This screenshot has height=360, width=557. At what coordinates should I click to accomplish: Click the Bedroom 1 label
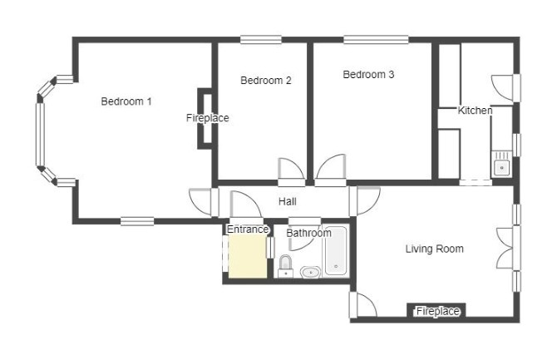point(126,101)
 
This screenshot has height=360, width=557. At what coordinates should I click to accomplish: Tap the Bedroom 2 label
point(266,81)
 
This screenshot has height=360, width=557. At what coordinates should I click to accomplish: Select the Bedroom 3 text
point(368,75)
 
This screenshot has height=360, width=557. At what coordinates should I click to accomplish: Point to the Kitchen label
point(475,111)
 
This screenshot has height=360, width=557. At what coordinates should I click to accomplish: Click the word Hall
point(288,202)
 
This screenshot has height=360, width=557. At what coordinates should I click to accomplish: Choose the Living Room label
point(435,249)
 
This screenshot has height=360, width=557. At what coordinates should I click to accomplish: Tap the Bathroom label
point(308,233)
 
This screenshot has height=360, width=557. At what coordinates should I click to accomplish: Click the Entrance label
point(248,229)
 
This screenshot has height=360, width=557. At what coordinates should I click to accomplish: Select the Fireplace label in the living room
point(437,311)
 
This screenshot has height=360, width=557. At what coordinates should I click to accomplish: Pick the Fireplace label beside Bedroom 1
point(208,118)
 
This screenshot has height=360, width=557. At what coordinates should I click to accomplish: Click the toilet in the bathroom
point(285,266)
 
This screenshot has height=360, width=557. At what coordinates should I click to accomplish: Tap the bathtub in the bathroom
point(335,250)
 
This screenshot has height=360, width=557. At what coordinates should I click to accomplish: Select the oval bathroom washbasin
point(310,273)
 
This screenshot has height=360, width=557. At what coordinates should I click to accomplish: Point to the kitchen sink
point(501,165)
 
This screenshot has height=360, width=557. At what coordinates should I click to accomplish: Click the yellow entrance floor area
point(247,257)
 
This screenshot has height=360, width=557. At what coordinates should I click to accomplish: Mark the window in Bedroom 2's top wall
point(261,39)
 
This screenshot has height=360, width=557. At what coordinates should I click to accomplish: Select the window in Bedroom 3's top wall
point(376,39)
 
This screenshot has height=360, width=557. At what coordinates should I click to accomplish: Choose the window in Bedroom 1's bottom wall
point(137,221)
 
